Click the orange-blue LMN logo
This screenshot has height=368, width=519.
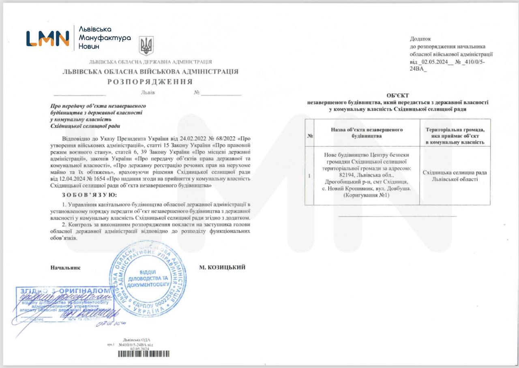click(47, 39)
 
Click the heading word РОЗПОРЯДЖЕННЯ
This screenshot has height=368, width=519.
click(150, 82)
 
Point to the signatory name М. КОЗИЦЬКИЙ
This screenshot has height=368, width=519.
click(222, 267)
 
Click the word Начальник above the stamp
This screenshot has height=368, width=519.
click(65, 267)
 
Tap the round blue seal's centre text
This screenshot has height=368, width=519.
click(148, 278)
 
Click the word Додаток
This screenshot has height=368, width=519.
click(420, 39)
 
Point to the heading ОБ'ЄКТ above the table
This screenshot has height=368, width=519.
click(397, 96)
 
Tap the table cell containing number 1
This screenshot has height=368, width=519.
click(309, 176)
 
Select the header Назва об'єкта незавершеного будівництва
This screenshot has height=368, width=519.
click(367, 133)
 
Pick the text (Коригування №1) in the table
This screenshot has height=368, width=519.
click(367, 195)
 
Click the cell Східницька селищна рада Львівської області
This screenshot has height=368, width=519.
click(455, 175)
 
